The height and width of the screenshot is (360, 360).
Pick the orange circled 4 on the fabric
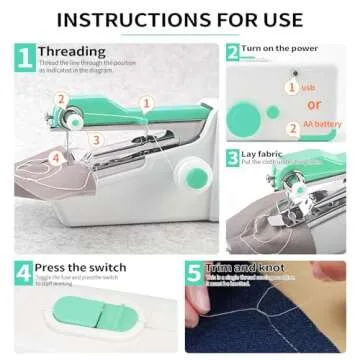56,156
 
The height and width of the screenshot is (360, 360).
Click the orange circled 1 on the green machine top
146,102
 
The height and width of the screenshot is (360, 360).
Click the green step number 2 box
232,52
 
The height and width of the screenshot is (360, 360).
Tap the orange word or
313,104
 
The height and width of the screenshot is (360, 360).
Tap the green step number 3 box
232,157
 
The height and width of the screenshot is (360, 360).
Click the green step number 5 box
195,273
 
